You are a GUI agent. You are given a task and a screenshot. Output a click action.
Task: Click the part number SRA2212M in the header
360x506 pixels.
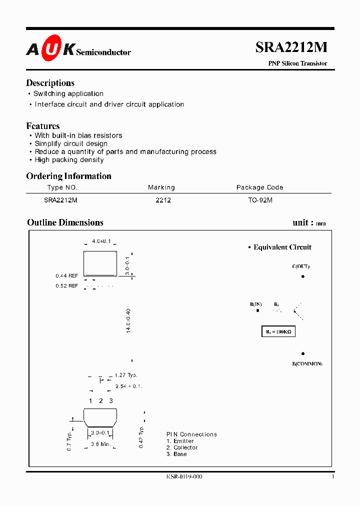pyautogui.click(x=291, y=47)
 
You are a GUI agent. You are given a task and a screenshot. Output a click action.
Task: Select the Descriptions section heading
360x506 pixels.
pyautogui.click(x=50, y=83)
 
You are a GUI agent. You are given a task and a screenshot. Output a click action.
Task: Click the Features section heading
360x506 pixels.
pyautogui.click(x=42, y=126)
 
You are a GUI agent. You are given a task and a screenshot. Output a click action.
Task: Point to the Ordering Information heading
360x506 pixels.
pyautogui.click(x=68, y=176)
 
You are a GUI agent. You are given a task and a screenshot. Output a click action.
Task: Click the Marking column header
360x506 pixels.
pyautogui.click(x=161, y=187)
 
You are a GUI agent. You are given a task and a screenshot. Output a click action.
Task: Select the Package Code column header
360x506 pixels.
pyautogui.click(x=259, y=187)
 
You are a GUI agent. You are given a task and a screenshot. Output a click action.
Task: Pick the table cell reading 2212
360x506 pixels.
pyautogui.click(x=163, y=200)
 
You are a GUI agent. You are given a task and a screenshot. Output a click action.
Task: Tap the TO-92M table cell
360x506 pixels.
pyautogui.click(x=260, y=200)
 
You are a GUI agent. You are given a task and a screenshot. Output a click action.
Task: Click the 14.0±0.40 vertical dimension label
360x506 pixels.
pyautogui.click(x=128, y=321)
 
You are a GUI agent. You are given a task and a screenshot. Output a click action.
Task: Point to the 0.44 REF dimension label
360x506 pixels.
pyautogui.click(x=67, y=275)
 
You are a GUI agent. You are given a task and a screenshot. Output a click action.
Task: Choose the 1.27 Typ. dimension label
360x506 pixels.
pyautogui.click(x=126, y=375)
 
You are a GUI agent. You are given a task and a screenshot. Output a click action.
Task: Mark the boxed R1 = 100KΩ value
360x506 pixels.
pyautogui.click(x=279, y=331)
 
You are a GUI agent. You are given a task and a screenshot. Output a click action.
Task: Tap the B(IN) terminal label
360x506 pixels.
pyautogui.click(x=256, y=304)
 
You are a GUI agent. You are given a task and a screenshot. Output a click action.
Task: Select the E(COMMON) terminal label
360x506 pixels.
pyautogui.click(x=307, y=363)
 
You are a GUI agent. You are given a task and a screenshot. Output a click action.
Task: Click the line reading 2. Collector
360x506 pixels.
pyautogui.click(x=182, y=447)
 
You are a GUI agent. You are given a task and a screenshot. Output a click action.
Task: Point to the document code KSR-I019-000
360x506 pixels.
pyautogui.click(x=184, y=477)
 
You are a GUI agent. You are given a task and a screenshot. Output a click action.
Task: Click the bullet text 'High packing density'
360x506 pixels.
pyautogui.click(x=69, y=160)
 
